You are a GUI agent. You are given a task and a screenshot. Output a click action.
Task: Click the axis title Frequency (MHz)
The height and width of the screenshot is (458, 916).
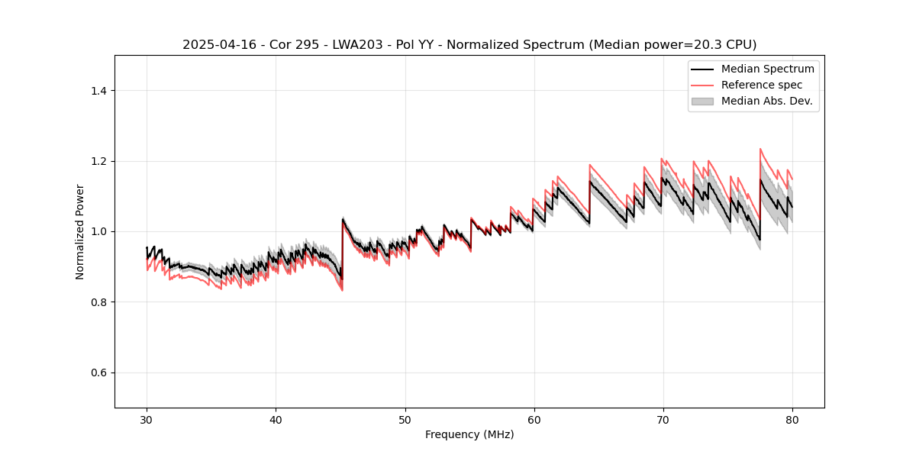pyautogui.click(x=469, y=434)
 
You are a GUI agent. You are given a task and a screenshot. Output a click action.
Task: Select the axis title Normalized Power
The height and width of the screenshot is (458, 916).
pyautogui.click(x=80, y=231)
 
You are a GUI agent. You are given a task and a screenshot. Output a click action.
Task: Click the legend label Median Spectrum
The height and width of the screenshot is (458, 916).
pyautogui.click(x=767, y=69)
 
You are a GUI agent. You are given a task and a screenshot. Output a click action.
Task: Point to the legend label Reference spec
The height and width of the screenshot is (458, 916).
pyautogui.click(x=762, y=85)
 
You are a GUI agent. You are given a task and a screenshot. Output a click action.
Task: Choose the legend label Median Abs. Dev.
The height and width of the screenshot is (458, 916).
pyautogui.click(x=766, y=101)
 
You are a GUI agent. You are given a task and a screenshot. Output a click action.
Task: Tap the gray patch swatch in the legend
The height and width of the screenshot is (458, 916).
pyautogui.click(x=702, y=101)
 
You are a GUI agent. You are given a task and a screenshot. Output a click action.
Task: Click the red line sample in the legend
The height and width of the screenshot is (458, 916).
pyautogui.click(x=702, y=85)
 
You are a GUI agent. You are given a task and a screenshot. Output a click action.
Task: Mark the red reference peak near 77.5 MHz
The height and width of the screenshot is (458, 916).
pyautogui.click(x=760, y=149)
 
